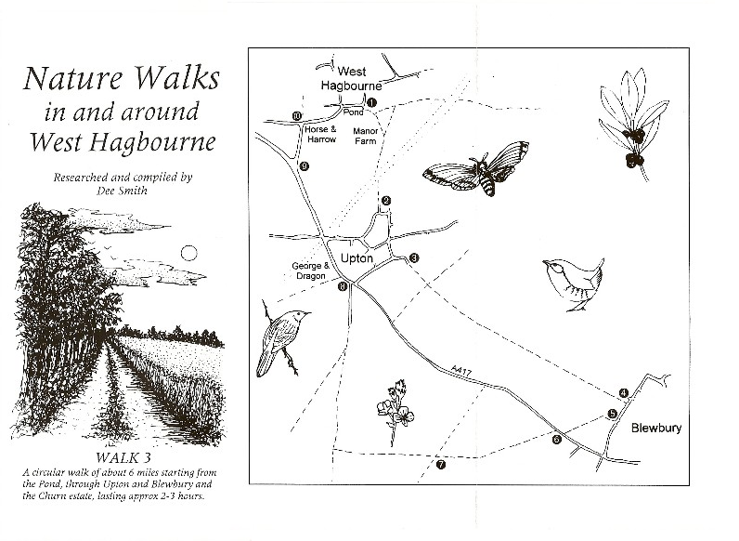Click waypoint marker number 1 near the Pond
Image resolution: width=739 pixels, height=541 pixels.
pyautogui.click(x=371, y=102)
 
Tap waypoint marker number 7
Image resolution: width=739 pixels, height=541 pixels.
pyautogui.click(x=441, y=465)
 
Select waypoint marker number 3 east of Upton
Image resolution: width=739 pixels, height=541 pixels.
pyautogui.click(x=414, y=257)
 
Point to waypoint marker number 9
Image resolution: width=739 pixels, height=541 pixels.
pyautogui.click(x=305, y=166)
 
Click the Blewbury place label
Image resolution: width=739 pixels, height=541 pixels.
pyautogui.click(x=656, y=429)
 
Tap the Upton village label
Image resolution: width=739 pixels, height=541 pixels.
pyautogui.click(x=357, y=258)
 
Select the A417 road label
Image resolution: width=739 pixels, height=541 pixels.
pyautogui.click(x=460, y=370)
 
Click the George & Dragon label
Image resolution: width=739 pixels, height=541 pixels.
pyautogui.click(x=311, y=270)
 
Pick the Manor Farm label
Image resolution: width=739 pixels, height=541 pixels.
pyautogui.click(x=365, y=136)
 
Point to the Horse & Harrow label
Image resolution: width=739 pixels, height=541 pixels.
pyautogui.click(x=321, y=134)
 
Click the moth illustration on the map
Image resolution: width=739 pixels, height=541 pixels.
pyautogui.click(x=476, y=168)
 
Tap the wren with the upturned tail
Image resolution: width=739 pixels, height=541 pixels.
pyautogui.click(x=573, y=284)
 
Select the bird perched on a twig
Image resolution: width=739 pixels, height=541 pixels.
pyautogui.click(x=281, y=338)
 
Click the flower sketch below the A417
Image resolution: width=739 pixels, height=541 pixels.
pyautogui.click(x=395, y=412)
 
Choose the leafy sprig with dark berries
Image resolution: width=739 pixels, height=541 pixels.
pyautogui.click(x=633, y=125)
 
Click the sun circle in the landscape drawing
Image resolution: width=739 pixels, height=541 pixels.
pyautogui.click(x=189, y=254)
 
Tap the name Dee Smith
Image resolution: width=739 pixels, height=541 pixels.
pyautogui.click(x=122, y=191)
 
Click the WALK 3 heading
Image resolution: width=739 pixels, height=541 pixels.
pyautogui.click(x=123, y=457)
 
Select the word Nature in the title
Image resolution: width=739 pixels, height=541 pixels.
pyautogui.click(x=73, y=78)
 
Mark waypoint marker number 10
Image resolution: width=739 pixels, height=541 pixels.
pyautogui.click(x=296, y=115)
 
